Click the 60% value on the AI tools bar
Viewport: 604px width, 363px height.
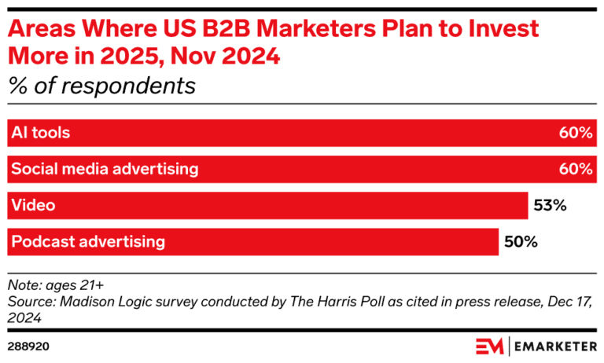(576, 133)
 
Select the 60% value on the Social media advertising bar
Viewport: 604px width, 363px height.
(576, 169)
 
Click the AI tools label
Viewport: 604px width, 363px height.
(40, 133)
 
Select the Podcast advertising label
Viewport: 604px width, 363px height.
(87, 242)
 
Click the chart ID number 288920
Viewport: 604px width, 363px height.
(28, 345)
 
